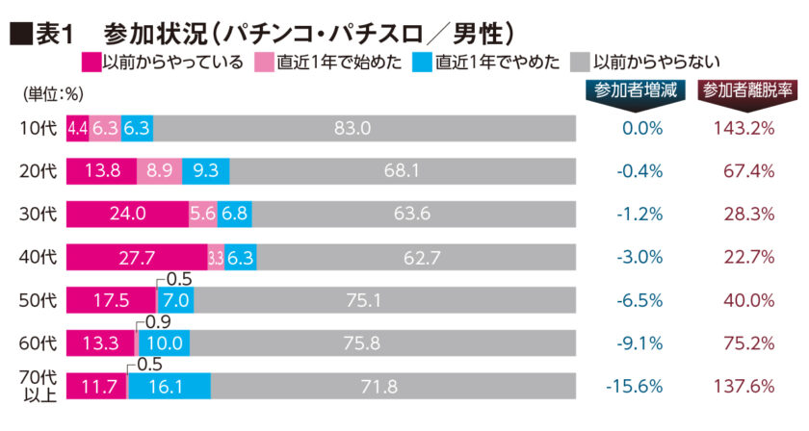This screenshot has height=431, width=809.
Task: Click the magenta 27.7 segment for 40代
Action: (136, 257)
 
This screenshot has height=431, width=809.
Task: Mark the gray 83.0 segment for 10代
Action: (364, 128)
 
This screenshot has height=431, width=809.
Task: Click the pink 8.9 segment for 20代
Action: (159, 171)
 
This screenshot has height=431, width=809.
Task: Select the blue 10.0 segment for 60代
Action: (163, 342)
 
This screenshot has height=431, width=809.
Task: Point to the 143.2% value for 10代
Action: (744, 128)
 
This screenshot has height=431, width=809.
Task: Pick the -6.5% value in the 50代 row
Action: (636, 300)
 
